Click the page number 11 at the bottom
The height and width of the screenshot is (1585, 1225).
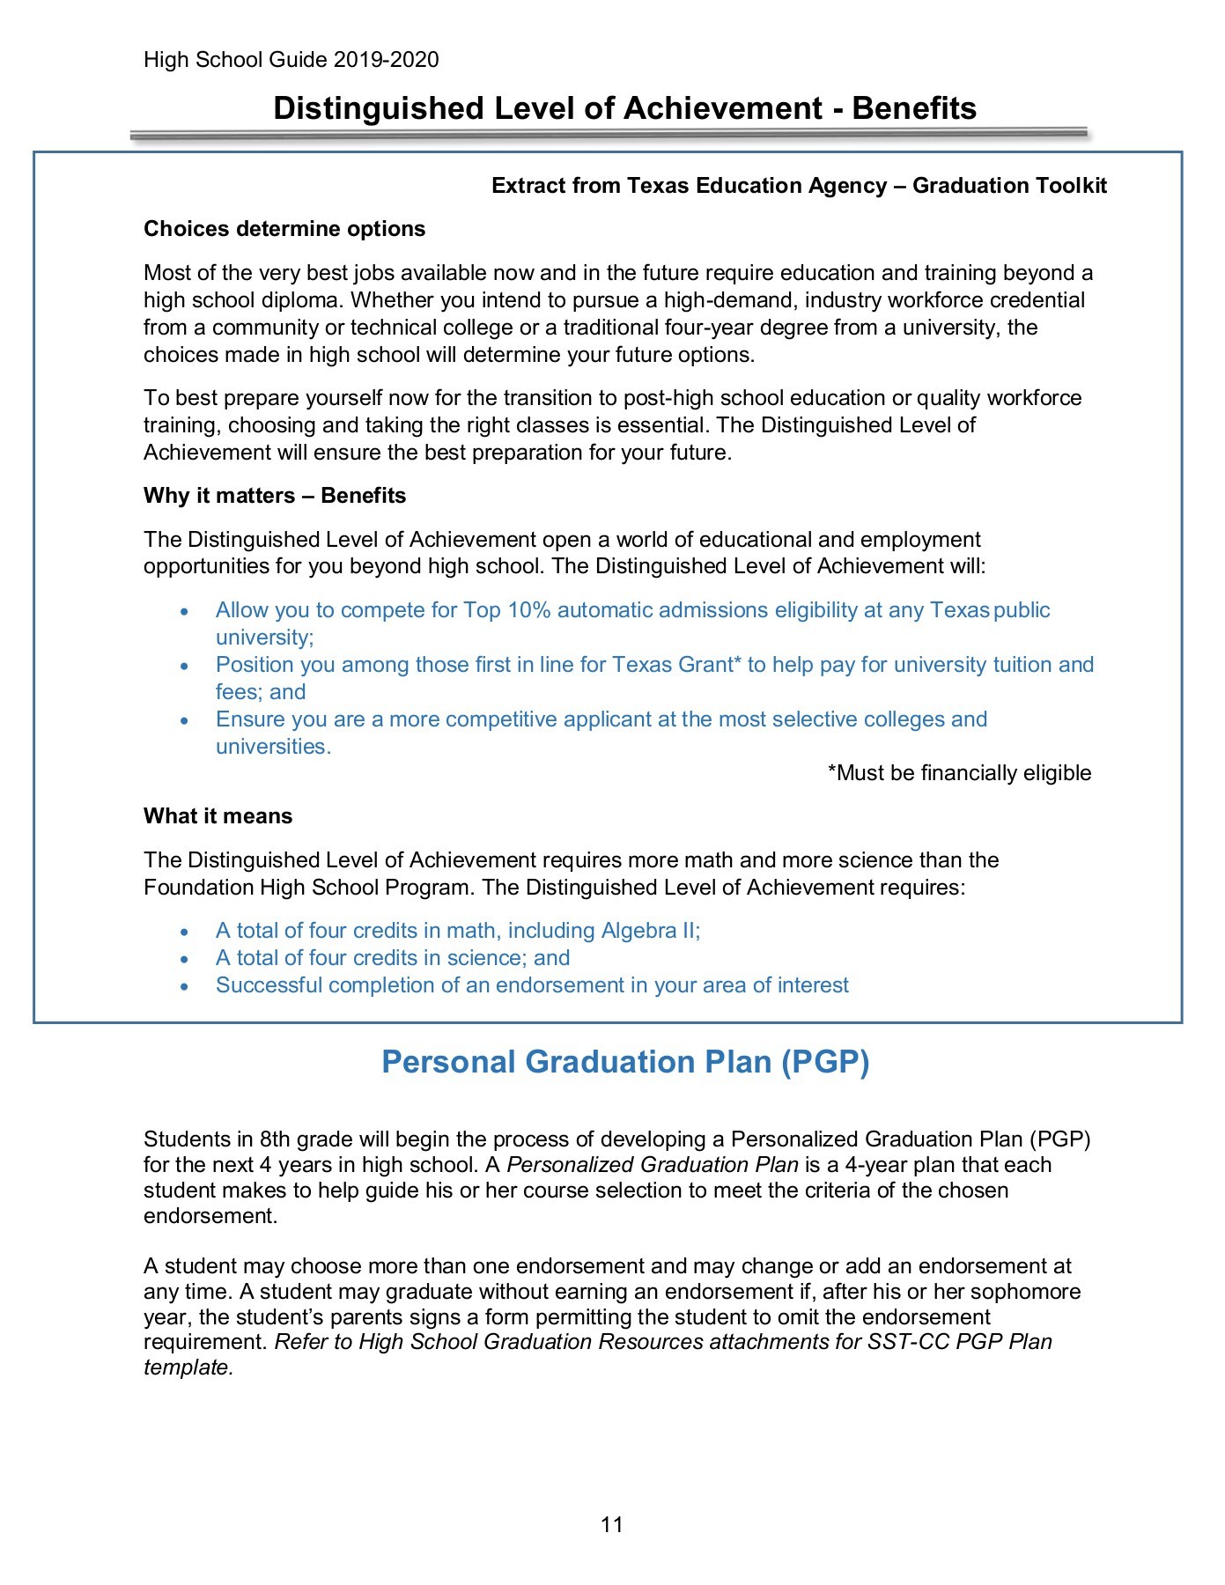tap(612, 1524)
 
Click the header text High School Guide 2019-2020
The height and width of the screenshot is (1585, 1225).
tap(291, 60)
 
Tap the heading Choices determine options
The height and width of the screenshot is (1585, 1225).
tap(284, 229)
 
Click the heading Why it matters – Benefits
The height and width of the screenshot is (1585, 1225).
tap(275, 496)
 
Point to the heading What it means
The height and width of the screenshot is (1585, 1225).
tap(218, 816)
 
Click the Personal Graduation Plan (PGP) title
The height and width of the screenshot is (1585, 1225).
tap(625, 1062)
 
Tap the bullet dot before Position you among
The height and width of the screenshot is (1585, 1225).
tap(184, 667)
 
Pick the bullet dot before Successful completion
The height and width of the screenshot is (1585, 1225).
tap(184, 987)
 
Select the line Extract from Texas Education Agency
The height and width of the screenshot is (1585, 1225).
tap(799, 186)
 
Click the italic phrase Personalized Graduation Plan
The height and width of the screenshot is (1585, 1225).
tap(652, 1165)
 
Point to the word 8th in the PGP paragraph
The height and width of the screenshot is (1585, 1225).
tap(274, 1139)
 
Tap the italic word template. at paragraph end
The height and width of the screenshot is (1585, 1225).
tap(188, 1368)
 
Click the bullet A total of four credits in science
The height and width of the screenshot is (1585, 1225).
tap(393, 958)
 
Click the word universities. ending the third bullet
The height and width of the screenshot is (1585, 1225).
tap(273, 747)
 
